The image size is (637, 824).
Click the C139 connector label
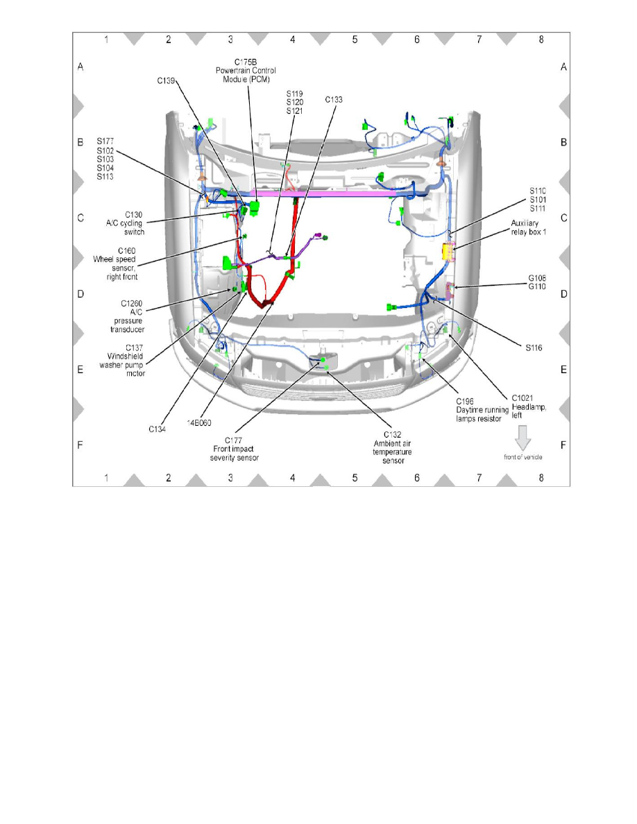tap(166, 81)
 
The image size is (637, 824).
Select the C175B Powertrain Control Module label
tap(246, 71)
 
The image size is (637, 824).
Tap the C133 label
tap(334, 99)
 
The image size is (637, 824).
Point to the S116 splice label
tap(534, 348)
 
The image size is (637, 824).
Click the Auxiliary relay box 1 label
tap(528, 228)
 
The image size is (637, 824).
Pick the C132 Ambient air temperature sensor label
tap(393, 448)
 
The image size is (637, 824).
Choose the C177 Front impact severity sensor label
tap(234, 449)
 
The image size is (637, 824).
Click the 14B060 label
tap(199, 422)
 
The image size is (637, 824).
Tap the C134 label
tap(157, 429)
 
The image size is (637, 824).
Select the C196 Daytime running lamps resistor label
tap(482, 410)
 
